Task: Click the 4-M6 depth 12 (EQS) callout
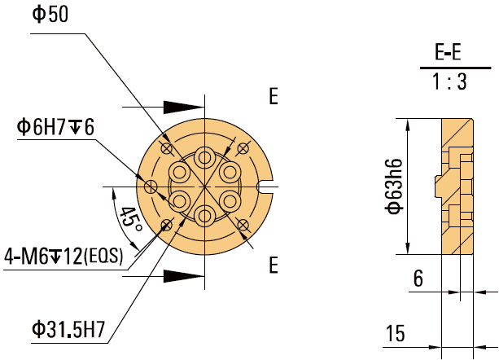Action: pyautogui.click(x=63, y=256)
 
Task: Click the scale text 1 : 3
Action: pyautogui.click(x=449, y=82)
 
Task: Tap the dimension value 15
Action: pyautogui.click(x=396, y=333)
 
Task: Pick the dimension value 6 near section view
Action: pyautogui.click(x=418, y=279)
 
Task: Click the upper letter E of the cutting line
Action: pyautogui.click(x=274, y=97)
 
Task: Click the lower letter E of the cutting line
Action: pyautogui.click(x=274, y=266)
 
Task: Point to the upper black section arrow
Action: pyautogui.click(x=182, y=107)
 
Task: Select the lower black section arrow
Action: pyautogui.click(x=182, y=276)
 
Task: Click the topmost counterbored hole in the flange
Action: pyautogui.click(x=204, y=157)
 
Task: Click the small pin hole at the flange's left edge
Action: pyautogui.click(x=150, y=187)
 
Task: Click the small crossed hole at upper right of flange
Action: pyautogui.click(x=242, y=147)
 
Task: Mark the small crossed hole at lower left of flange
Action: pyautogui.click(x=167, y=225)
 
